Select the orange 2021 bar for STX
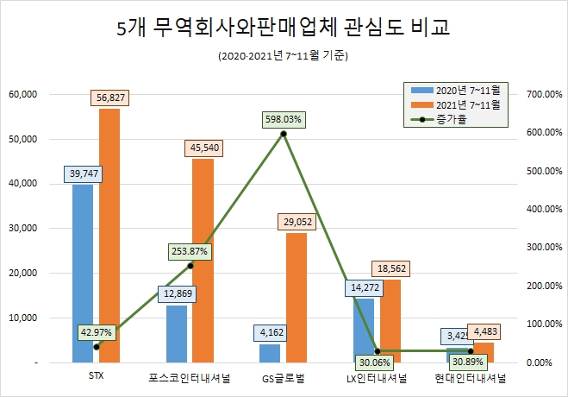109,233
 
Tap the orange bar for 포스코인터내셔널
203,259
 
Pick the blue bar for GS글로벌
270,353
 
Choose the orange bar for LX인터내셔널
390,319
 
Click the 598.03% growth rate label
284,119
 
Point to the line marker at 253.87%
190,265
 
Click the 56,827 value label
109,98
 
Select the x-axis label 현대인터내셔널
471,377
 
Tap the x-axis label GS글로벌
284,377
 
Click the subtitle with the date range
284,57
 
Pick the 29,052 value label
296,222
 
